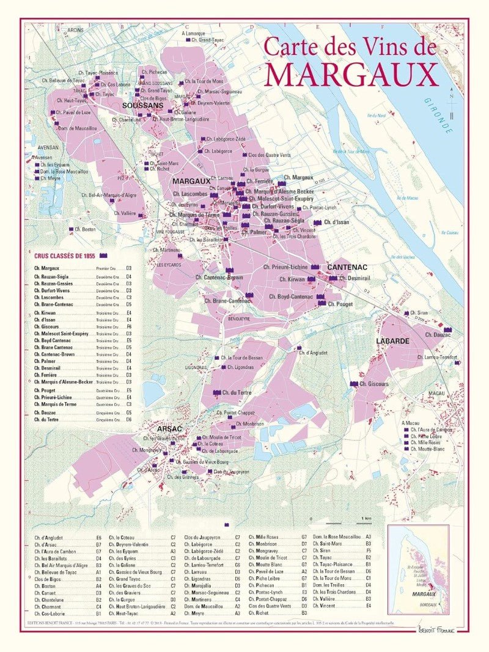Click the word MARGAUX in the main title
[351, 73]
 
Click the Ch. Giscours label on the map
[373, 384]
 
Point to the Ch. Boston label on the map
[87, 229]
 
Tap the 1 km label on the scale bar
[366, 519]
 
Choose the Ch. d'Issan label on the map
[336, 222]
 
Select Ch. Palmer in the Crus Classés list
[45, 361]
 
